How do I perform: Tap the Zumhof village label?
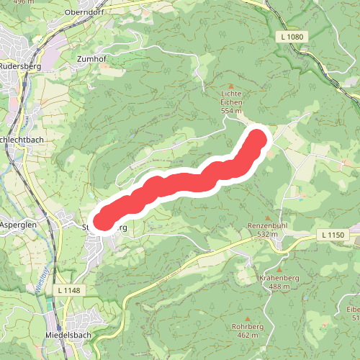91,59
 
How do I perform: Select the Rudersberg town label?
21,66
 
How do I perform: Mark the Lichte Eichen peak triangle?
231,86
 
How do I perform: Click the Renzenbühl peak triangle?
268,218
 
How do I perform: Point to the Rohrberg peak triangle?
247,319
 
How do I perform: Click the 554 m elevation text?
231,112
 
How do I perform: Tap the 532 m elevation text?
268,235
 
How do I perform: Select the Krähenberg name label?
278,278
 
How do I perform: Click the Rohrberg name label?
247,327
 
